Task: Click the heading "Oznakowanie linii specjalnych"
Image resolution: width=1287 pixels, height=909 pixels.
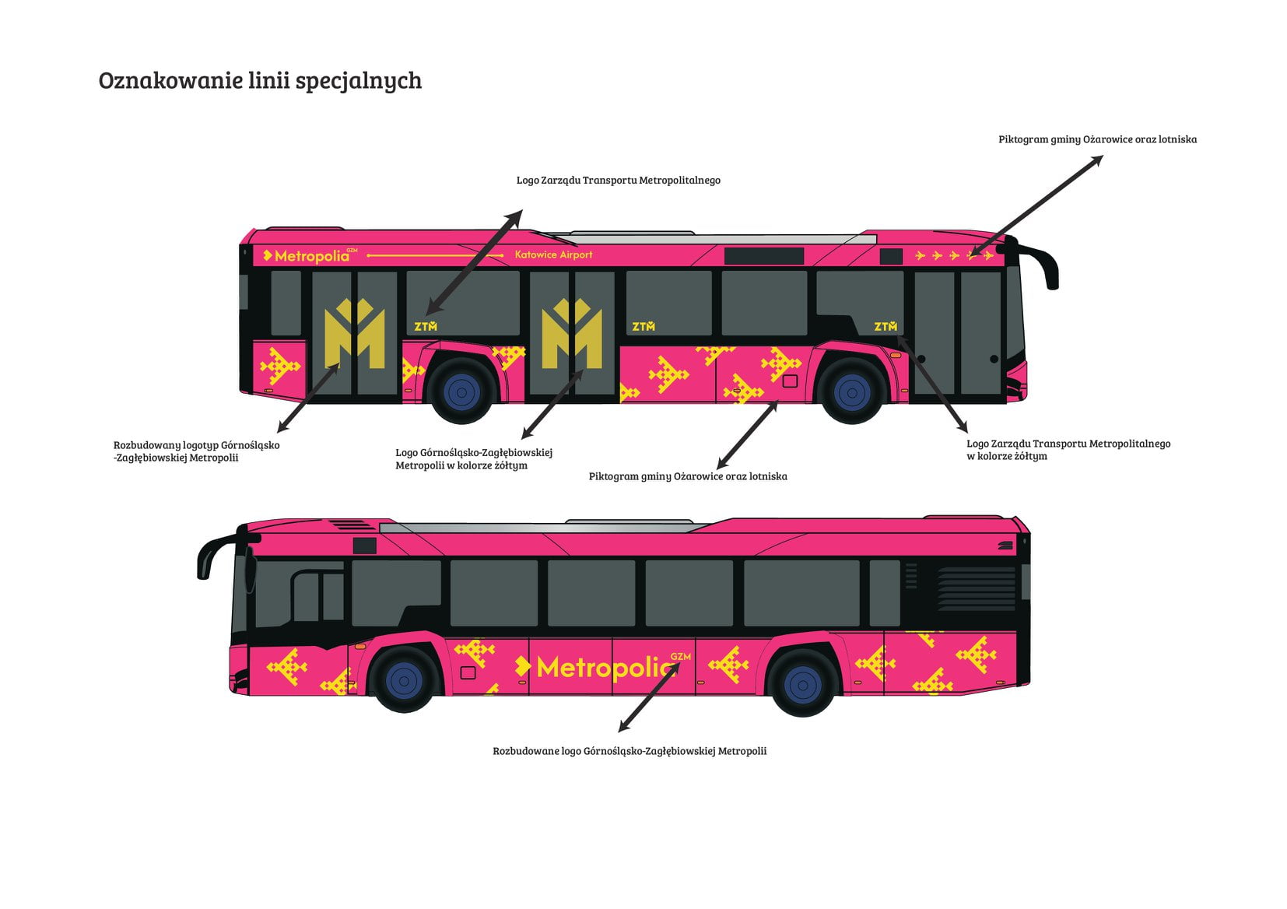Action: (x=260, y=80)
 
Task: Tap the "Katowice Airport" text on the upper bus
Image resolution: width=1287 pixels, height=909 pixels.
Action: (x=553, y=254)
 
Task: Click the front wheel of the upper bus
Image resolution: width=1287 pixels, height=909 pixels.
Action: (x=851, y=392)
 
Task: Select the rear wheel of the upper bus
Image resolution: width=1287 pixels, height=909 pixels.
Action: (x=461, y=392)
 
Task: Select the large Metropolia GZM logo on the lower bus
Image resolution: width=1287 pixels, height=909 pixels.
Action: (x=603, y=667)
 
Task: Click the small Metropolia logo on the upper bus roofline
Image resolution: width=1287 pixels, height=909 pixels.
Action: (x=310, y=255)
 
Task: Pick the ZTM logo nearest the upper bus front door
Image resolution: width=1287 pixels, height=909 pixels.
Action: (x=885, y=326)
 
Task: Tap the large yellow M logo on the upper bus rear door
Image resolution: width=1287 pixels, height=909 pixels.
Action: (x=355, y=333)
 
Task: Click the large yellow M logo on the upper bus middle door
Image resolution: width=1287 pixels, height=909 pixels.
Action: (x=572, y=333)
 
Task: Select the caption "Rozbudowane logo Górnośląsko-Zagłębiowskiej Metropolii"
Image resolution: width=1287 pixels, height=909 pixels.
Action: (x=629, y=751)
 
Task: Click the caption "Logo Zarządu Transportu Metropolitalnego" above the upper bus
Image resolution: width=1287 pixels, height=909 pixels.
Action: (x=619, y=180)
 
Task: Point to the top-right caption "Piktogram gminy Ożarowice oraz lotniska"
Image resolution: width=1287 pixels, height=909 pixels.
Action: (x=1097, y=139)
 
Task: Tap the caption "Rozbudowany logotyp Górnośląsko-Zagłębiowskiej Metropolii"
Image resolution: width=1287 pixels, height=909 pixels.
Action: (x=197, y=451)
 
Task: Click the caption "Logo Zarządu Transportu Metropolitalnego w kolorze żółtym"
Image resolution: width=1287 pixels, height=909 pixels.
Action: (x=1068, y=449)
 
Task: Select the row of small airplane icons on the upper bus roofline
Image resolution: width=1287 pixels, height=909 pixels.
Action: (x=954, y=255)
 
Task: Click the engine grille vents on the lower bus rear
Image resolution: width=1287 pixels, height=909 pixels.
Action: (x=977, y=589)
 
